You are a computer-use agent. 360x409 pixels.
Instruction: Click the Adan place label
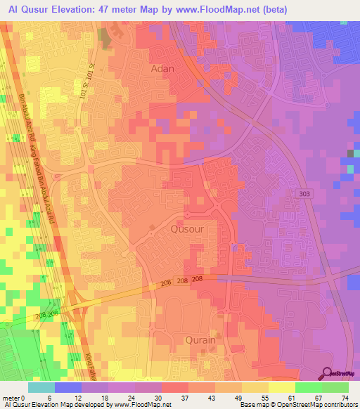coord(162,69)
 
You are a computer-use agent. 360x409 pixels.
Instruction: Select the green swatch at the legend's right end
coord(335,387)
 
